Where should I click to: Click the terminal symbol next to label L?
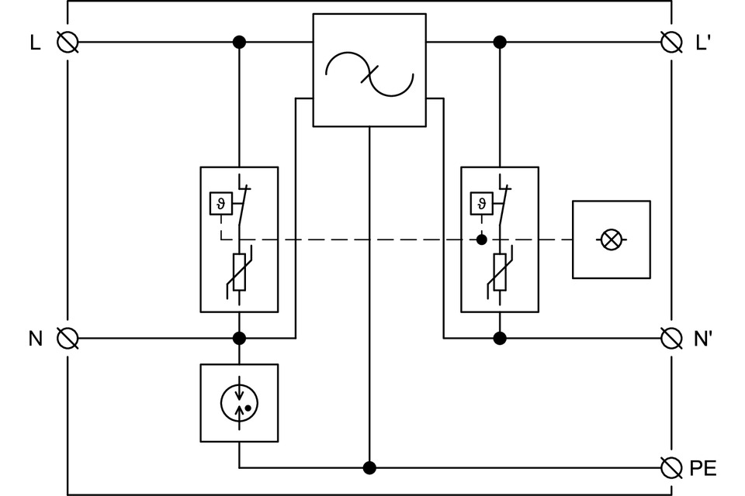tap(68, 41)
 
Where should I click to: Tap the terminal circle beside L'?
tap(671, 41)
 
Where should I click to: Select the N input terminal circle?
tap(68, 338)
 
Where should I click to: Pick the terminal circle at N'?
tap(671, 338)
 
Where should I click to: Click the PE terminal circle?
tap(671, 467)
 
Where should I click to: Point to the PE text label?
tap(702, 468)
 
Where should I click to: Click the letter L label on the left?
tap(35, 43)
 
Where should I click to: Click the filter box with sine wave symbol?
tap(369, 70)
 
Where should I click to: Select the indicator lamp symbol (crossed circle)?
tap(612, 239)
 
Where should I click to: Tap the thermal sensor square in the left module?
tap(220, 203)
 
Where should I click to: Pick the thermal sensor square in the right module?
tap(481, 203)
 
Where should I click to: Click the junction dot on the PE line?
tap(369, 467)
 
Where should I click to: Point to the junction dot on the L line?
tap(239, 41)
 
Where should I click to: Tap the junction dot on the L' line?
tap(500, 41)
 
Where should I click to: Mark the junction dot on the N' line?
tap(500, 338)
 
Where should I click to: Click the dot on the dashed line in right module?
tap(481, 240)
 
